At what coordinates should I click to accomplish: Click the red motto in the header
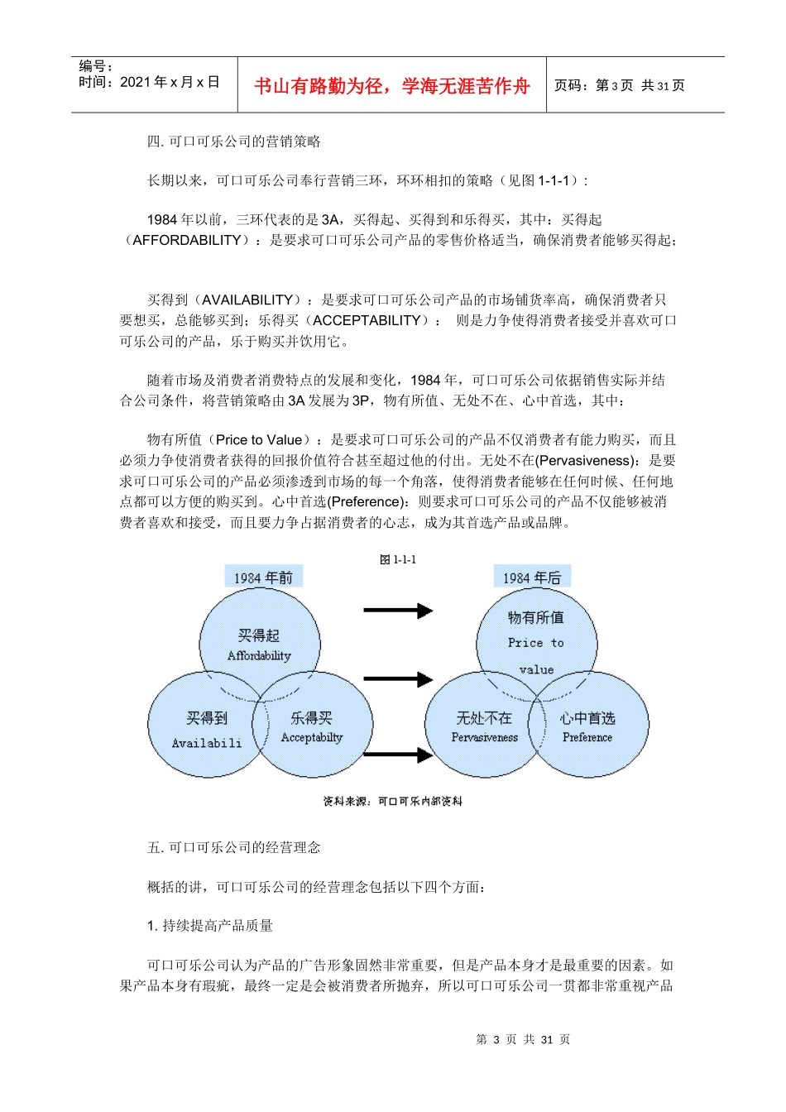[x=391, y=86]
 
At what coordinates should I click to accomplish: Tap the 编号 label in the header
[x=95, y=66]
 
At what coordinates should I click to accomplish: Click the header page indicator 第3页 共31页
[x=620, y=85]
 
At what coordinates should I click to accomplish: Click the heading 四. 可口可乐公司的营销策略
[x=234, y=141]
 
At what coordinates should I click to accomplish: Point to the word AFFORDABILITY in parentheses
[x=187, y=240]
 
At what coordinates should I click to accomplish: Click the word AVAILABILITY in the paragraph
[x=247, y=300]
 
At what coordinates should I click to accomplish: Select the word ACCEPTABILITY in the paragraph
[x=367, y=320]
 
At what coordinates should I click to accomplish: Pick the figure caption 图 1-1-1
[x=398, y=560]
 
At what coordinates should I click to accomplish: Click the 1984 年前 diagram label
[x=263, y=578]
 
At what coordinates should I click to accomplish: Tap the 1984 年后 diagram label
[x=532, y=578]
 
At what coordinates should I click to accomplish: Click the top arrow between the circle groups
[x=398, y=611]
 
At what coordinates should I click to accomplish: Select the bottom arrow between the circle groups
[x=398, y=754]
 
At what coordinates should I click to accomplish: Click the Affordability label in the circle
[x=259, y=655]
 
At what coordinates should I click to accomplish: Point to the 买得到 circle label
[x=207, y=718]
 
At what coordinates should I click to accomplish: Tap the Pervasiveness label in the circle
[x=484, y=737]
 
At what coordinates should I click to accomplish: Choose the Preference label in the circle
[x=587, y=737]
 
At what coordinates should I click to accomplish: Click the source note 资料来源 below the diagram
[x=392, y=801]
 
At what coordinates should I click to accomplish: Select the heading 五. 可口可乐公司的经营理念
[x=234, y=847]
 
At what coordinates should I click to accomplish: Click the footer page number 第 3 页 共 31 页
[x=523, y=1039]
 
